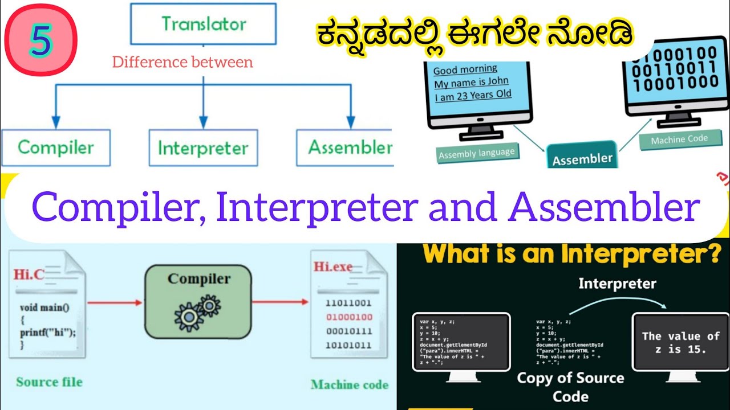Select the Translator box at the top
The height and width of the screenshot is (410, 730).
tap(204, 24)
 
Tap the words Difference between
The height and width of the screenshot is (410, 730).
tap(182, 62)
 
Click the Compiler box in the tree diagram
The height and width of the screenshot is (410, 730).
tap(56, 147)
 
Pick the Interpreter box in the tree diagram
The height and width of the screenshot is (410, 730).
tap(203, 148)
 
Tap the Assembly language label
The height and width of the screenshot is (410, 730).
tap(477, 153)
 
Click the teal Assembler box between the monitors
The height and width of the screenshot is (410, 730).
tap(582, 158)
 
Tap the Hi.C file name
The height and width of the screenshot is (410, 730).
tap(29, 274)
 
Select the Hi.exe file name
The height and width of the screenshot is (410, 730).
tap(333, 266)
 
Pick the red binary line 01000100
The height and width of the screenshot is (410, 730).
tap(348, 317)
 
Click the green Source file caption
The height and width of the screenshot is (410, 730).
tap(49, 382)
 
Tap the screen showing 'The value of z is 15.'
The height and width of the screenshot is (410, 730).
tap(680, 342)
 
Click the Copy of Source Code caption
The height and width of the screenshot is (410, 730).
tap(570, 387)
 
